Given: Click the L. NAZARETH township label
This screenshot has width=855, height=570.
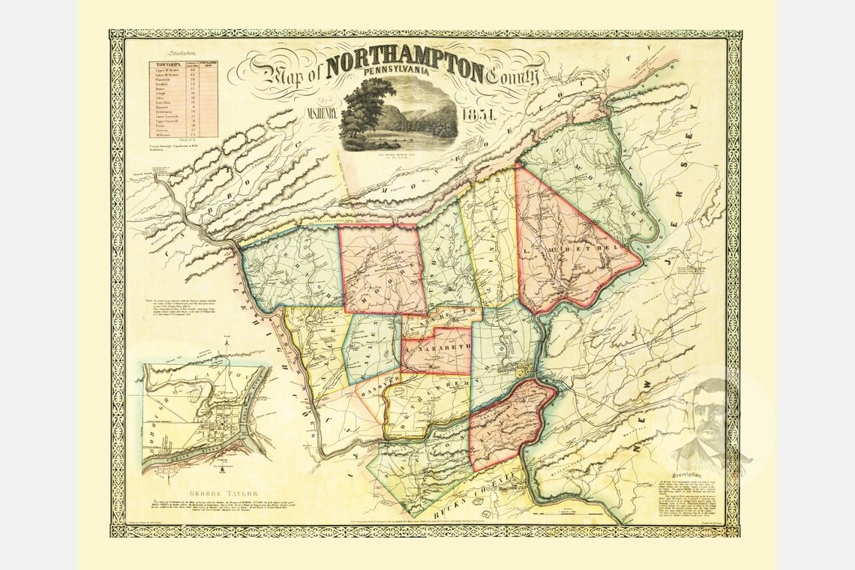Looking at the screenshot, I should (437, 348).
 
